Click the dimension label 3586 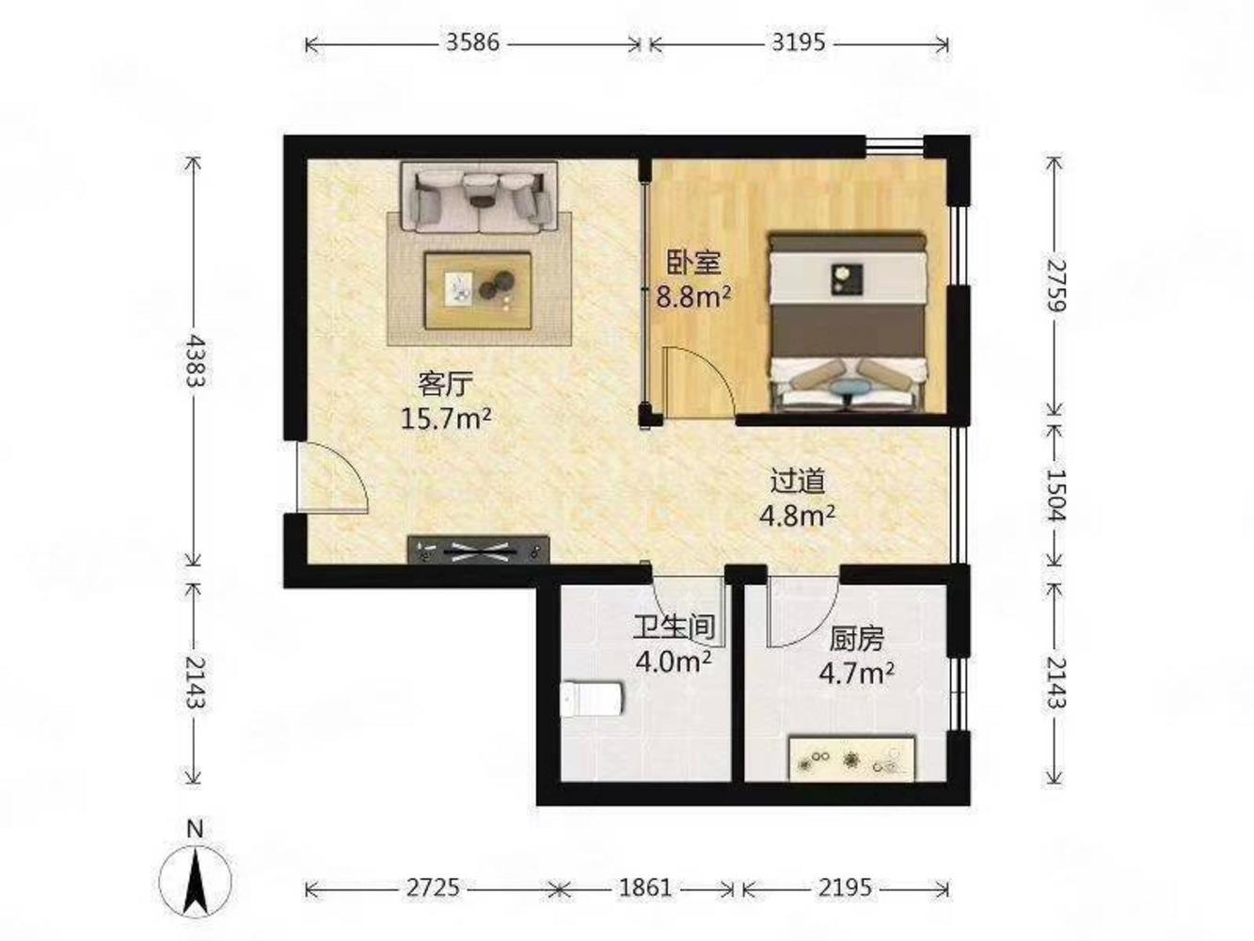472,42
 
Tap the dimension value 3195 798,42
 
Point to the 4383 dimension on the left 196,361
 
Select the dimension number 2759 1055,285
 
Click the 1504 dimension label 1055,495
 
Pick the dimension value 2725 433,888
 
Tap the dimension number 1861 644,888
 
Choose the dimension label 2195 845,888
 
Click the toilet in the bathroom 592,699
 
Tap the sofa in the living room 479,197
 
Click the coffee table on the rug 478,291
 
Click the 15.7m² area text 446,419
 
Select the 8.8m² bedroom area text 693,296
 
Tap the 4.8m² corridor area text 797,516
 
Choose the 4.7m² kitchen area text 856,674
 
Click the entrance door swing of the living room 333,478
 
